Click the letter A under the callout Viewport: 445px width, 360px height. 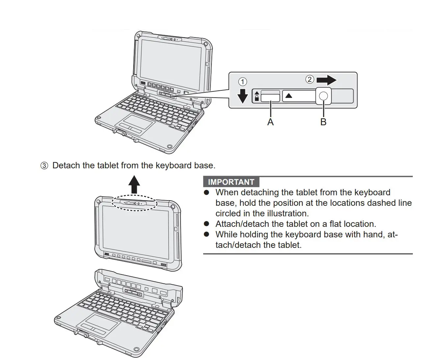coord(270,122)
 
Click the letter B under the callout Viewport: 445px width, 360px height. coord(323,122)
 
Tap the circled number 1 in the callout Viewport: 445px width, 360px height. coord(242,82)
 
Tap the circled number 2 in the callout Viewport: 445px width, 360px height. coord(309,79)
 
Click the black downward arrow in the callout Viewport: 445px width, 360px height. coord(242,96)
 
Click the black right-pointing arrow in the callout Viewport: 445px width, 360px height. coord(326,80)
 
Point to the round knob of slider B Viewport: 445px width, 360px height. coord(324,96)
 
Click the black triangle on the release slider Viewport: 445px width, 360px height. coord(289,96)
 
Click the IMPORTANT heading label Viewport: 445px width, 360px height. coord(231,182)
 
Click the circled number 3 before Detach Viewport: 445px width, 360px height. coord(44,166)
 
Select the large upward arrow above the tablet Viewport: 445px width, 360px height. coord(134,184)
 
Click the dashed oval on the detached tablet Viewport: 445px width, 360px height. coord(135,204)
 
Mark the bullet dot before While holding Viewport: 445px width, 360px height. coord(207,234)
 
